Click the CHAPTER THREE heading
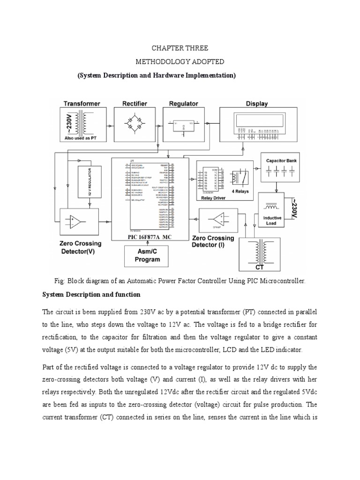[180, 48]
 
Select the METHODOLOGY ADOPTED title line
[180, 62]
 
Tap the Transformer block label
[82, 104]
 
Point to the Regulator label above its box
[183, 104]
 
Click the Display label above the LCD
[256, 104]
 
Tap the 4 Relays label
[240, 191]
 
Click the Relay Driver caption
[213, 198]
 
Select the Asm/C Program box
[147, 256]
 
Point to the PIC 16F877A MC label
[150, 237]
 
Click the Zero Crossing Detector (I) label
[213, 241]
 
